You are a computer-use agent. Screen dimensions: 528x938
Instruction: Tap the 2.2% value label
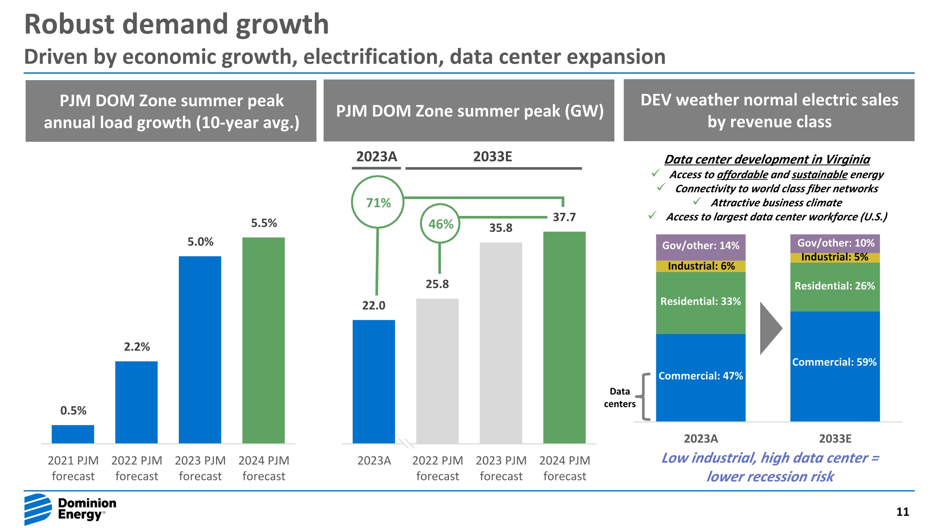click(137, 346)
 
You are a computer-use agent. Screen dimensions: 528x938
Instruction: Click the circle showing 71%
click(378, 202)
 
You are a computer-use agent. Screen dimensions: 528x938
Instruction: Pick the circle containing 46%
click(440, 223)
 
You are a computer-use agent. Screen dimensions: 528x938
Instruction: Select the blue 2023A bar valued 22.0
click(374, 381)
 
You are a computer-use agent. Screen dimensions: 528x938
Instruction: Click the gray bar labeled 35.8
click(501, 342)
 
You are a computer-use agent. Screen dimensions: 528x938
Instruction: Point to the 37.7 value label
click(564, 217)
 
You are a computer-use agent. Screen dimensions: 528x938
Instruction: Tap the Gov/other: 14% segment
click(700, 246)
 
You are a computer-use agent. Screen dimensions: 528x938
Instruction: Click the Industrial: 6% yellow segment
click(700, 266)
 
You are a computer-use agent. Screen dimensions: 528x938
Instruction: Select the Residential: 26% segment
click(835, 286)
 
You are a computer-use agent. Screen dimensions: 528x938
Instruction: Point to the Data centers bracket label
click(619, 397)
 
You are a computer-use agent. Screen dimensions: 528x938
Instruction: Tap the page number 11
click(902, 512)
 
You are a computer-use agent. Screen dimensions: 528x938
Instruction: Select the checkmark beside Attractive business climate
click(697, 201)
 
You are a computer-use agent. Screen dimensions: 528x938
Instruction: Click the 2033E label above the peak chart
click(492, 157)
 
